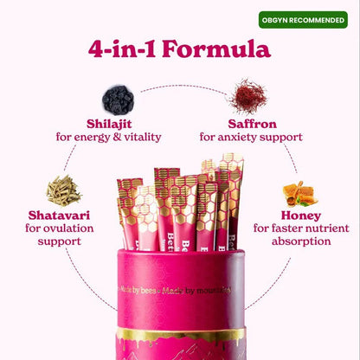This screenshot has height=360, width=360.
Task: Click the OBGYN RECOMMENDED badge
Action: coord(303,19)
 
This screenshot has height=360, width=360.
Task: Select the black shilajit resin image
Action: coord(118,99)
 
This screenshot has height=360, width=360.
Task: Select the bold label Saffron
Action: coord(251,122)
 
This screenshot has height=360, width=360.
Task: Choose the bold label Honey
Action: coord(300,215)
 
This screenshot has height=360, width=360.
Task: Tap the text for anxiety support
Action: coord(251,137)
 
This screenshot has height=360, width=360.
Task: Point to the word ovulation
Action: coord(77,229)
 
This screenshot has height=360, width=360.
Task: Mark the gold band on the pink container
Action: coord(180,334)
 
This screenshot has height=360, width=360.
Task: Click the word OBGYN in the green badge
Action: coord(278,19)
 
